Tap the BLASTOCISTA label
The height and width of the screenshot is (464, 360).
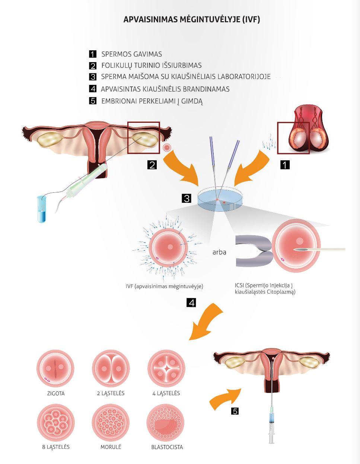point(167,447)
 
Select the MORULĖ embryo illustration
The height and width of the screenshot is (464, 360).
point(111,423)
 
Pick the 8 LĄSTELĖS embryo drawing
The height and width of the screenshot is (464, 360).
point(56,423)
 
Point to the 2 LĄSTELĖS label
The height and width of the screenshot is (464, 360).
point(111,393)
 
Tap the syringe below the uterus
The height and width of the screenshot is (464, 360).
point(272,424)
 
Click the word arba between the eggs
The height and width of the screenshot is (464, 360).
point(219,252)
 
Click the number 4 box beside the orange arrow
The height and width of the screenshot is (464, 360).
point(191,303)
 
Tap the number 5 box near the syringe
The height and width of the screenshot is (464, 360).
point(235,411)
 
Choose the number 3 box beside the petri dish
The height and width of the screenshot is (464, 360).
point(187,198)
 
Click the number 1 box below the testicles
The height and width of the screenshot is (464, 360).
point(285,165)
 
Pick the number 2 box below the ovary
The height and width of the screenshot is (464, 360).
point(152,165)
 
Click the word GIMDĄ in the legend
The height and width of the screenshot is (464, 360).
point(190,101)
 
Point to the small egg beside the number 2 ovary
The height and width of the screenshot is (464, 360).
point(167,147)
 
